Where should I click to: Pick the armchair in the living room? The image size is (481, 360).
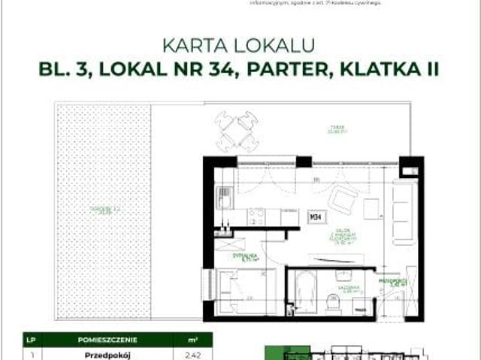tap(345, 200)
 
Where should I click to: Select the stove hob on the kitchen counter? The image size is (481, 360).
tap(256, 216)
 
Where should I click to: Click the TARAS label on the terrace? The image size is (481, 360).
tap(331, 127)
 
